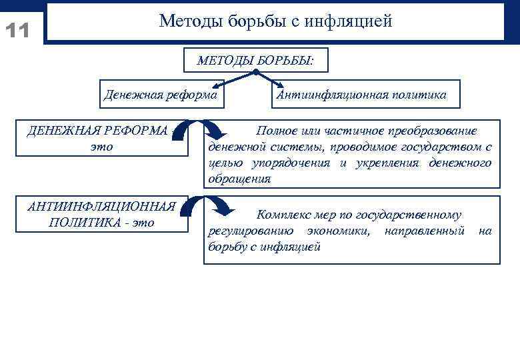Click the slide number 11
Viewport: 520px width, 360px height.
(x=17, y=31)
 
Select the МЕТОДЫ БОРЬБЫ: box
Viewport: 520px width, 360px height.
(x=255, y=61)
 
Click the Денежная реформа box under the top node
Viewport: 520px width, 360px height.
(x=161, y=95)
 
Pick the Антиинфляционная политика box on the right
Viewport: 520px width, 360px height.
(x=361, y=95)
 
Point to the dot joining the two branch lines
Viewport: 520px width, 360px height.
(x=255, y=72)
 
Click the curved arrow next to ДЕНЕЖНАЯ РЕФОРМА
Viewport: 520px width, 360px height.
(x=197, y=133)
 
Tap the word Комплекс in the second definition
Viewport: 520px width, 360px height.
(x=282, y=215)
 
